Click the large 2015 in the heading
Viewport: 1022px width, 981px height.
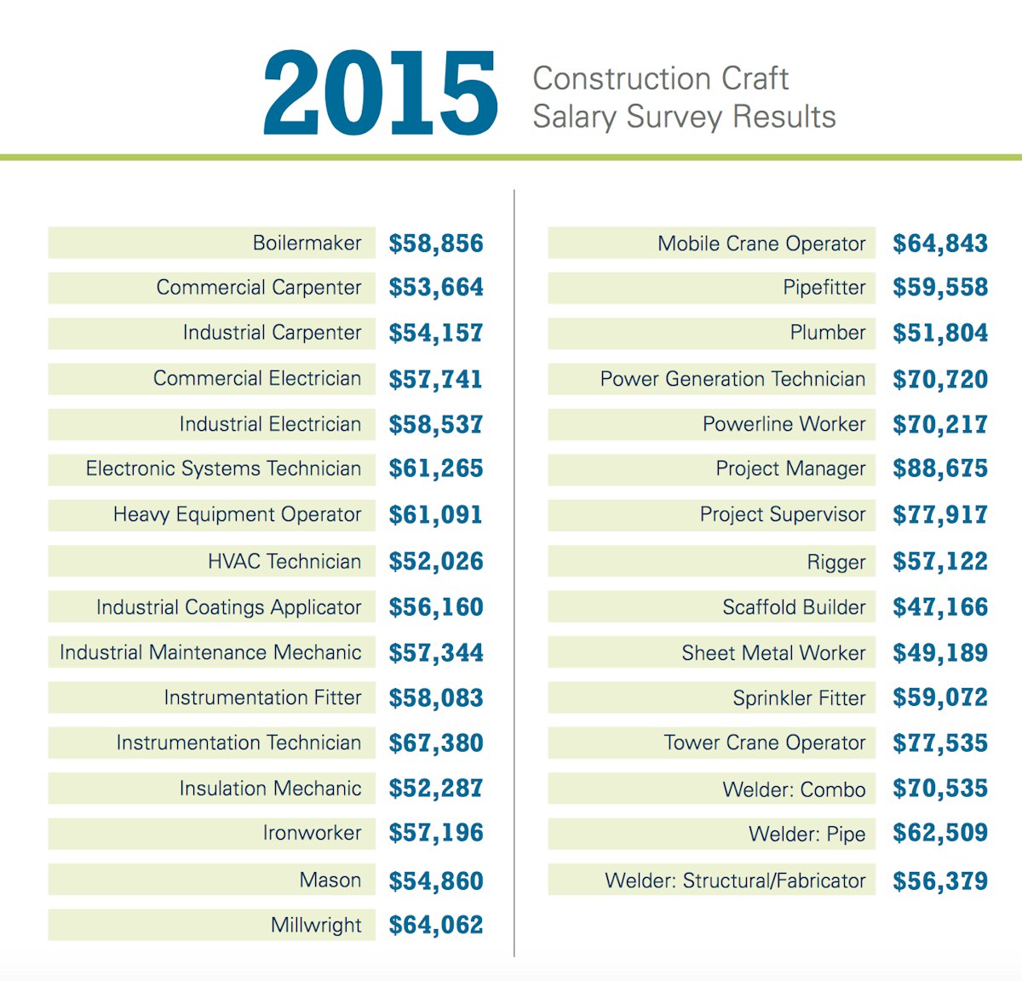[x=381, y=93]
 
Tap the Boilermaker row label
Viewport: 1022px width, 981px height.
[x=307, y=244]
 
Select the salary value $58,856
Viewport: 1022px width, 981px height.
[x=436, y=244]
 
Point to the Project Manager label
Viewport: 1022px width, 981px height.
[x=790, y=469]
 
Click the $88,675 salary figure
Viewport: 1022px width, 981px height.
[x=940, y=469]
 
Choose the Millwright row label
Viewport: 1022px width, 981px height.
[x=316, y=926]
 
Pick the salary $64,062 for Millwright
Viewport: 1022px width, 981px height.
[x=436, y=925]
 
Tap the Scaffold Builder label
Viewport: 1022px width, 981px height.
[x=794, y=607]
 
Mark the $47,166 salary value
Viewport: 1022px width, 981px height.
[x=940, y=607]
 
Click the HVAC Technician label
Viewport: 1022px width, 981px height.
[x=284, y=562]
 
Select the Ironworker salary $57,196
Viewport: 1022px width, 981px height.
[x=436, y=833]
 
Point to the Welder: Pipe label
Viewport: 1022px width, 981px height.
[x=807, y=835]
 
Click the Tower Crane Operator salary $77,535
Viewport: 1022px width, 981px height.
[x=940, y=743]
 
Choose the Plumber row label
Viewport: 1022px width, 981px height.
[x=827, y=333]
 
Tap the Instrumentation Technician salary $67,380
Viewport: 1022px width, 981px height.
[x=436, y=743]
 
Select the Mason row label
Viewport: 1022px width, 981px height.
[x=330, y=881]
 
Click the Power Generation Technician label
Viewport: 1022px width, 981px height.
[x=732, y=379]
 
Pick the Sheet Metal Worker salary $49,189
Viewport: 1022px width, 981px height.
[x=940, y=653]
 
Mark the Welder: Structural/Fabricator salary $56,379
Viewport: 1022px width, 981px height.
[x=940, y=881]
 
